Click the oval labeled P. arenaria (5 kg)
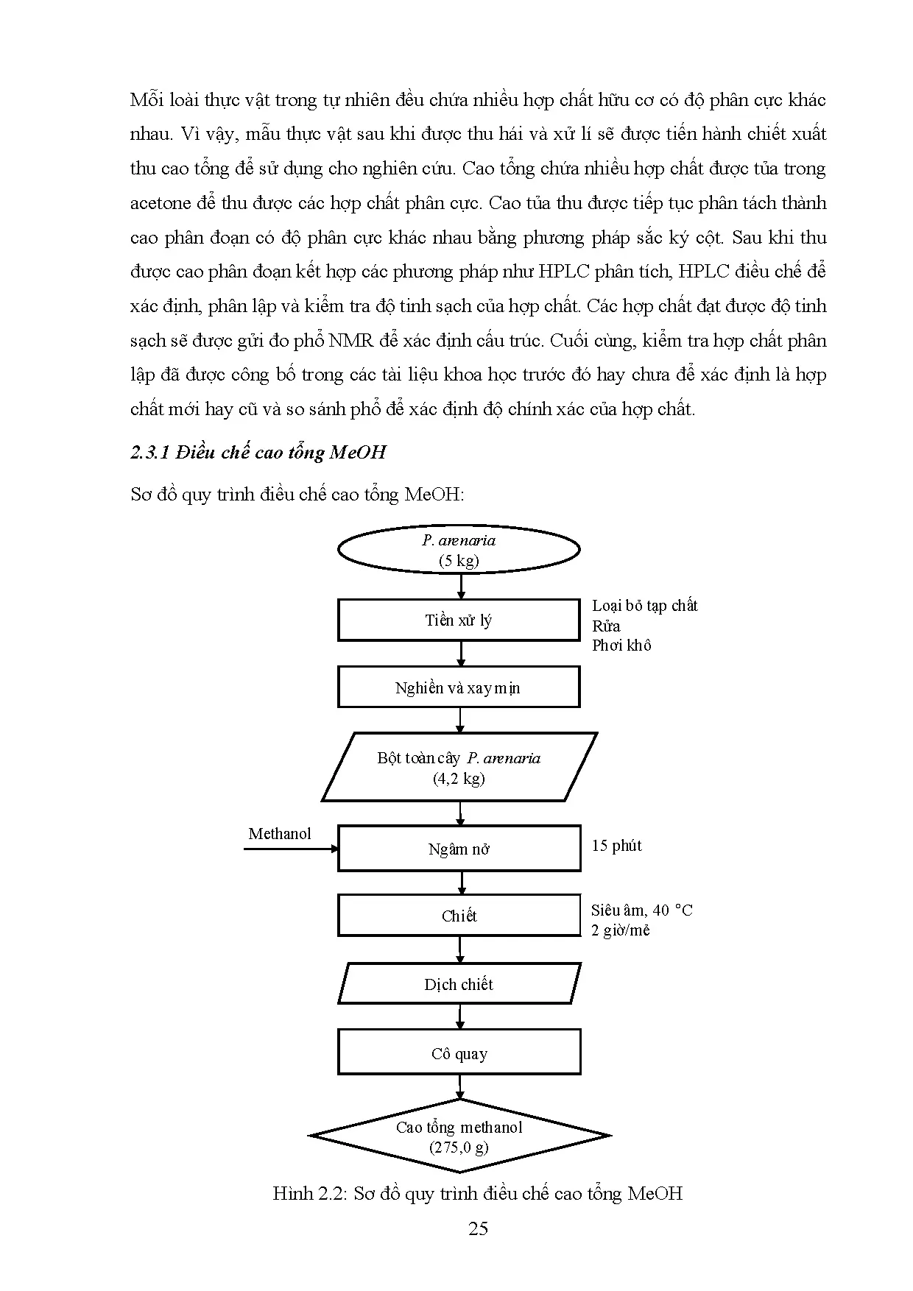[459, 550]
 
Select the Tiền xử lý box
[459, 620]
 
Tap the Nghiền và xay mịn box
[459, 687]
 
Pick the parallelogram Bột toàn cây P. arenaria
[459, 768]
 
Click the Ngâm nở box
[459, 849]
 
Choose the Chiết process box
[459, 916]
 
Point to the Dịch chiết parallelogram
[459, 984]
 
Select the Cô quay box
[459, 1053]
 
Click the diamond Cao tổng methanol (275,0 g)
[459, 1136]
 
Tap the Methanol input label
[280, 833]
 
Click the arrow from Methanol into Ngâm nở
[291, 849]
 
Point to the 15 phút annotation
[616, 846]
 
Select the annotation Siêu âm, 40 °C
[641, 910]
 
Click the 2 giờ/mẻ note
[620, 930]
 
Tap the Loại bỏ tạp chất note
[644, 606]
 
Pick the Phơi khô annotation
[621, 645]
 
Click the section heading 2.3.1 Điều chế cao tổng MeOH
[258, 452]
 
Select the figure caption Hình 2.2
[477, 1193]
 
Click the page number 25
[478, 1228]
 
